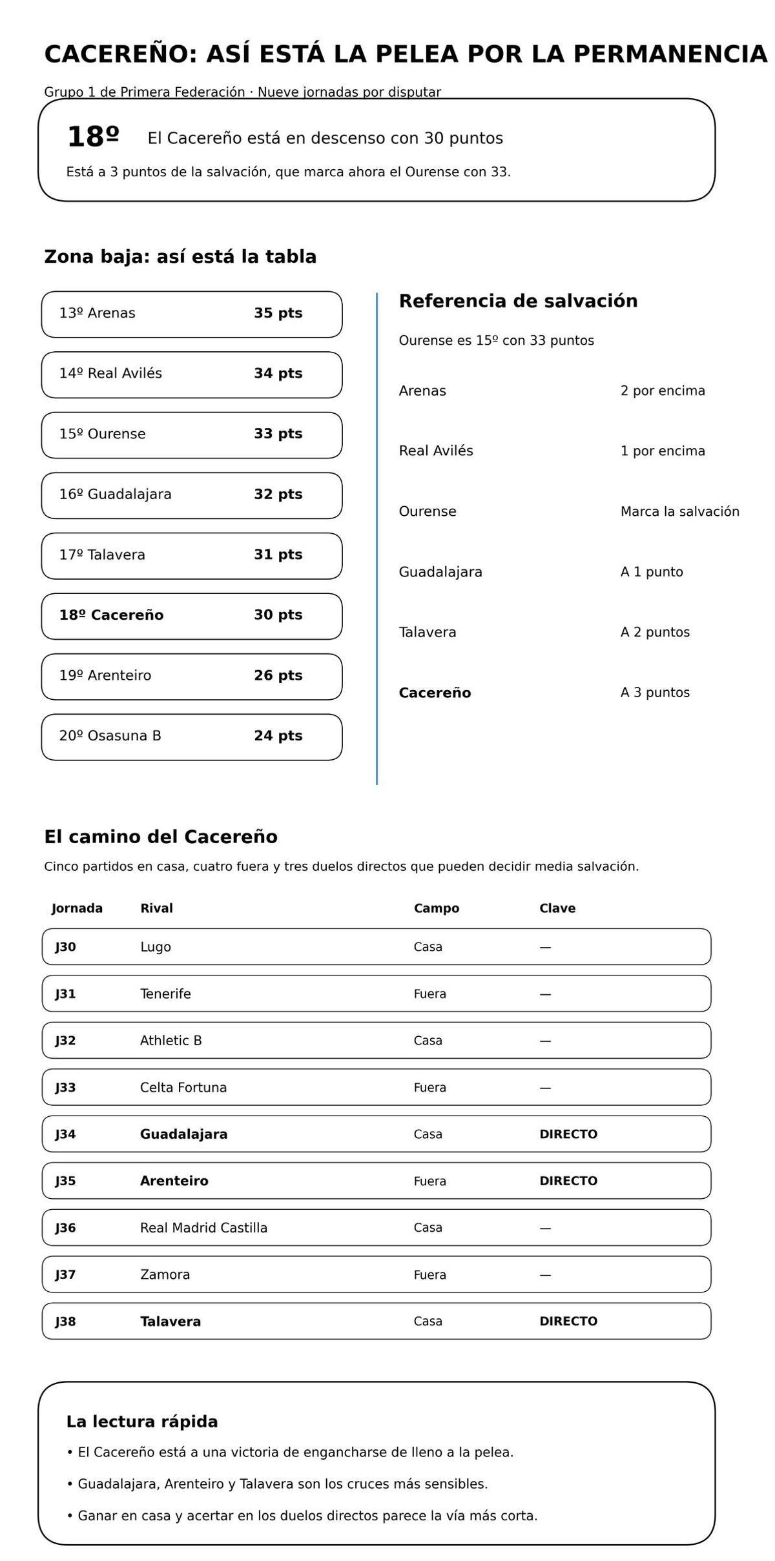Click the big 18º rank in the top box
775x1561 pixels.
93,137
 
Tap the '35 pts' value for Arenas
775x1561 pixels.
278,313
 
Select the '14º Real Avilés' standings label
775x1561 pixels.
110,373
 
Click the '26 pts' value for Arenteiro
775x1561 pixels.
278,675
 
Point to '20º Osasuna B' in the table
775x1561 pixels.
110,735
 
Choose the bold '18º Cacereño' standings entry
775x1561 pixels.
111,615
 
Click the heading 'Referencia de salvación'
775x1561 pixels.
518,301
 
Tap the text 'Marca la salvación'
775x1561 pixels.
679,511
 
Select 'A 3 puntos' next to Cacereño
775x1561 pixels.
655,692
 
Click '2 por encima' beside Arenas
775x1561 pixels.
663,391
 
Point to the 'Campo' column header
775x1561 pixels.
436,908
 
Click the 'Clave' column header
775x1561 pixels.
557,908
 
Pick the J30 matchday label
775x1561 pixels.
65,947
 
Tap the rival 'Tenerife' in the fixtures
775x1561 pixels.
165,994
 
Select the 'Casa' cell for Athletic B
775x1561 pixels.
428,1040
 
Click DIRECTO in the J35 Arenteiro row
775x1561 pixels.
568,1181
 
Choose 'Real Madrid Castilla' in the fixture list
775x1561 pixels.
203,1227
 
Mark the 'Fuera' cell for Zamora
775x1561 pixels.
429,1274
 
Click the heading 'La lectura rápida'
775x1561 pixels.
142,1422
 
